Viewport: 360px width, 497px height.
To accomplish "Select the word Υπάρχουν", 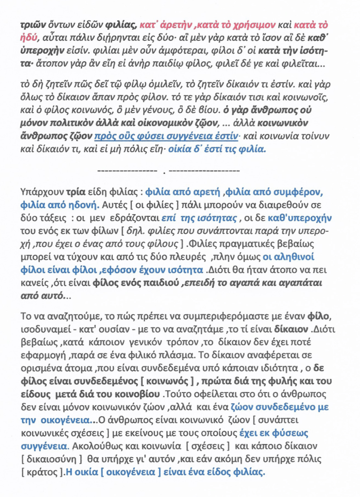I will click(x=39, y=191).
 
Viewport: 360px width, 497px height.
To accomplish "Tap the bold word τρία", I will click(x=69, y=191).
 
